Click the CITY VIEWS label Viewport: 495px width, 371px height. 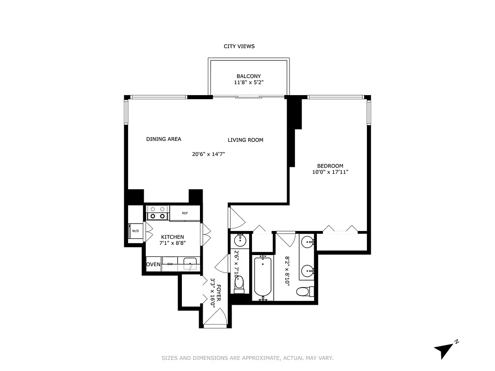coord(239,46)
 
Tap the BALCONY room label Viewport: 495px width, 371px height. coord(248,76)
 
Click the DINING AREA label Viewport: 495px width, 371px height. coord(163,139)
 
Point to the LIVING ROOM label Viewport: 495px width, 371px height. coord(245,140)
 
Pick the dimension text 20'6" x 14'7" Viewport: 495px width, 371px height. coord(208,154)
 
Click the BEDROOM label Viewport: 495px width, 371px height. coord(330,166)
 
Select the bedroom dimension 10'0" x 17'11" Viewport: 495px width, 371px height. coord(330,172)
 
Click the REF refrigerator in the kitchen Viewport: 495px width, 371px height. coord(185,213)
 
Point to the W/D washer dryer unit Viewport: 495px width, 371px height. coord(135,231)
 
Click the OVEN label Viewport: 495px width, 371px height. coord(154,264)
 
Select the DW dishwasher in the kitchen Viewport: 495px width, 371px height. coord(170,264)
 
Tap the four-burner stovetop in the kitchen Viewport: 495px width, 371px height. coord(157,213)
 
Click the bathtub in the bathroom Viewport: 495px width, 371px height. coord(263,277)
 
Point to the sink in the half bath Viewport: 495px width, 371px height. coord(240,240)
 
